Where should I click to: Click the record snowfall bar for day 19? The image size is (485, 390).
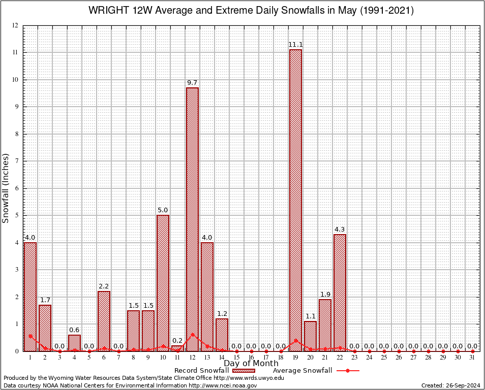pyautogui.click(x=295, y=200)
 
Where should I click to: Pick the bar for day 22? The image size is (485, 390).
pyautogui.click(x=340, y=292)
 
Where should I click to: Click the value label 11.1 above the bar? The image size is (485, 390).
pyautogui.click(x=295, y=45)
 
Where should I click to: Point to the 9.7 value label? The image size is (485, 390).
pyautogui.click(x=192, y=83)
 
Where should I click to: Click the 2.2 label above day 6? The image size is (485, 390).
pyautogui.click(x=104, y=286)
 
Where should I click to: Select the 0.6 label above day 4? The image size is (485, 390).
pyautogui.click(x=74, y=330)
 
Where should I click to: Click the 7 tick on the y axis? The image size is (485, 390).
pyautogui.click(x=16, y=161)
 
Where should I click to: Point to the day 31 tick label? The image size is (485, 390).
pyautogui.click(x=472, y=357)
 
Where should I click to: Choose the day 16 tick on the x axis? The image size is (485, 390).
pyautogui.click(x=251, y=357)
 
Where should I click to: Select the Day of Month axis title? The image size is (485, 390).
pyautogui.click(x=251, y=363)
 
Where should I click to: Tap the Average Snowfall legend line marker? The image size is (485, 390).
pyautogui.click(x=347, y=371)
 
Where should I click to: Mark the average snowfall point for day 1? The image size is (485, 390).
pyautogui.click(x=31, y=336)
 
